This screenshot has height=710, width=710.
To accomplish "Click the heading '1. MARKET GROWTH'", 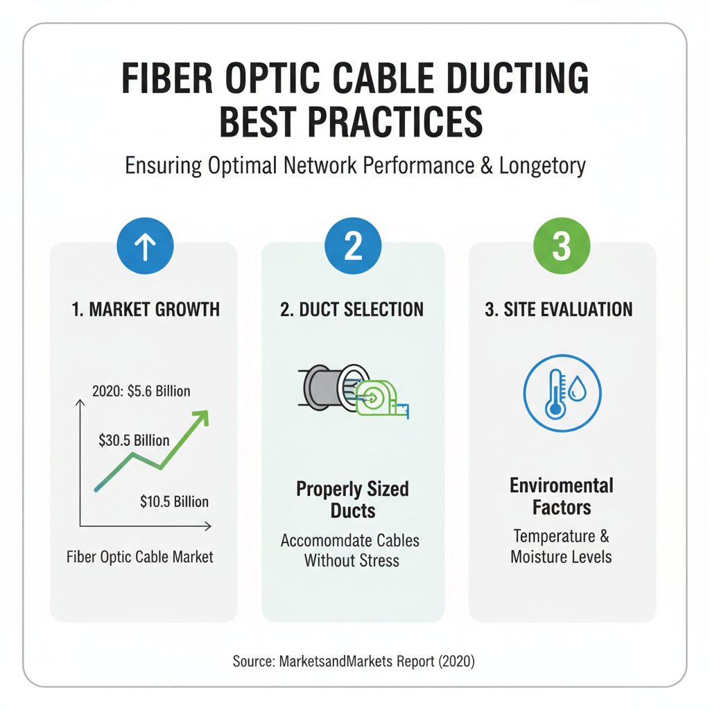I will [x=146, y=309].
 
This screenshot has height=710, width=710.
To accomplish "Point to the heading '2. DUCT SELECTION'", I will [x=352, y=309].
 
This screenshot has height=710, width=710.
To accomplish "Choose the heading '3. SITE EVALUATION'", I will [x=559, y=309].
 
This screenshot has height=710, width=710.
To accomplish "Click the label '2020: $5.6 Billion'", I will [x=141, y=391].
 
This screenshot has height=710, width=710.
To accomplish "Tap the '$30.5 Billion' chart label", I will [x=134, y=440].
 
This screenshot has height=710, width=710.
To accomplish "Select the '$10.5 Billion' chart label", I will [x=173, y=501].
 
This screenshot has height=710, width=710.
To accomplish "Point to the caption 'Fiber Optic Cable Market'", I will [x=140, y=556].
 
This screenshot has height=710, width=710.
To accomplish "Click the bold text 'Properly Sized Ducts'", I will [x=352, y=500].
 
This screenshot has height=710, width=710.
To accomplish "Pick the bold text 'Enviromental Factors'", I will [x=562, y=496].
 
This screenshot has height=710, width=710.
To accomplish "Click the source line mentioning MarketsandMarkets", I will [x=354, y=661].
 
